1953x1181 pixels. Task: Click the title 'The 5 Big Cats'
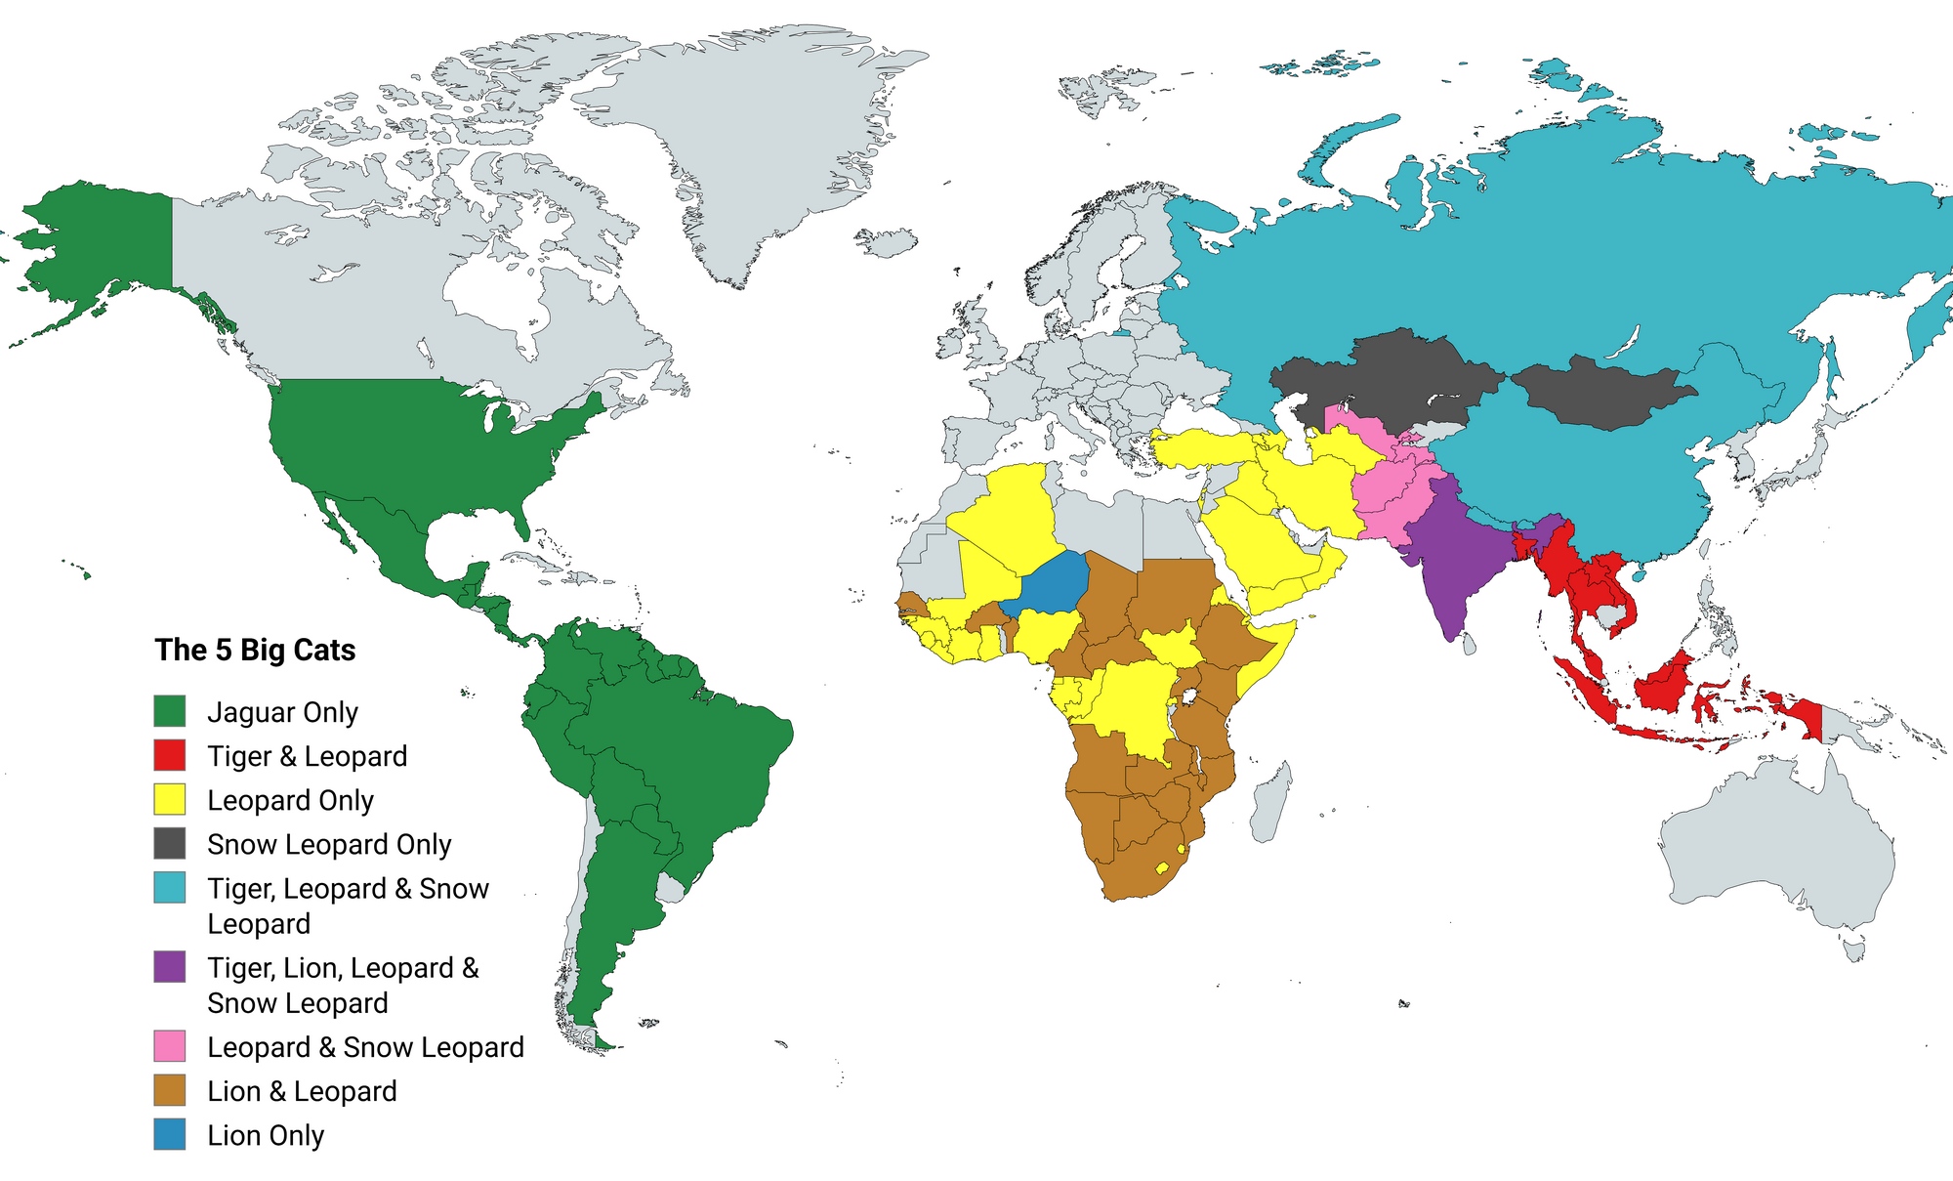pyautogui.click(x=255, y=650)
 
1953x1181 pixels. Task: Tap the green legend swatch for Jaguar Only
pyautogui.click(x=170, y=711)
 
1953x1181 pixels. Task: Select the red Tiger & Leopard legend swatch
pyautogui.click(x=170, y=755)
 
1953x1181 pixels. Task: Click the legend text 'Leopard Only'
pyautogui.click(x=290, y=800)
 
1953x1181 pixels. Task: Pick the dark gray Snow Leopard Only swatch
pyautogui.click(x=170, y=843)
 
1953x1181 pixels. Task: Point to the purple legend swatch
pyautogui.click(x=170, y=967)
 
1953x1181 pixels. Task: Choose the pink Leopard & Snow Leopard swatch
pyautogui.click(x=170, y=1046)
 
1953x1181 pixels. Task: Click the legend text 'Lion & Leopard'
pyautogui.click(x=302, y=1091)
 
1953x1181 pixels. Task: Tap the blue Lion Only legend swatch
pyautogui.click(x=170, y=1134)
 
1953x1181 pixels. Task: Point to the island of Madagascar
pyautogui.click(x=1270, y=801)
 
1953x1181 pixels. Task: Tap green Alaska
pyautogui.click(x=98, y=244)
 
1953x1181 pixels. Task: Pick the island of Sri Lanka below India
pyautogui.click(x=1468, y=643)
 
